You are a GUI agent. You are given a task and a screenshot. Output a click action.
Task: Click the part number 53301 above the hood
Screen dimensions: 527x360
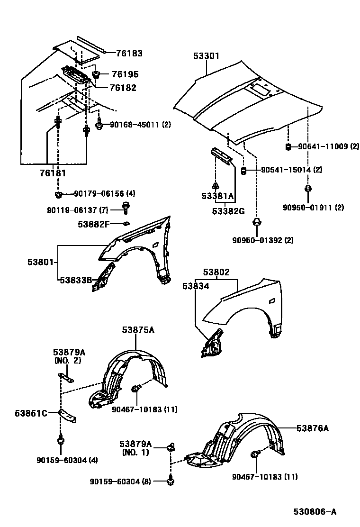[206, 56]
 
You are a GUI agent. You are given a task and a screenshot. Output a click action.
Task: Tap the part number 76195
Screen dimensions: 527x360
[125, 74]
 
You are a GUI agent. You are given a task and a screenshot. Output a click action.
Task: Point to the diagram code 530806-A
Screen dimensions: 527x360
[315, 511]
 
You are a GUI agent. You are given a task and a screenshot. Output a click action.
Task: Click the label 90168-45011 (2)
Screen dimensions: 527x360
[140, 125]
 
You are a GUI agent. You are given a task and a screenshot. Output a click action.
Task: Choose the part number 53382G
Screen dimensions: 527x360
[228, 211]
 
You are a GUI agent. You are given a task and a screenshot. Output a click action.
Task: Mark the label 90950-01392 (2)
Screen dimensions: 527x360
[262, 240]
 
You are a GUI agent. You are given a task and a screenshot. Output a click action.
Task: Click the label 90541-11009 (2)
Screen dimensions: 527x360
[328, 146]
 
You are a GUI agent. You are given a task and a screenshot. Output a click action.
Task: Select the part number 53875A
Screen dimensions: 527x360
[138, 330]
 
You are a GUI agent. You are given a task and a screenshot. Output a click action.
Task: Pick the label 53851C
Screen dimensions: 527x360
[31, 413]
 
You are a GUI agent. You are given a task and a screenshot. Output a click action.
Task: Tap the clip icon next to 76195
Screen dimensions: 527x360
[97, 74]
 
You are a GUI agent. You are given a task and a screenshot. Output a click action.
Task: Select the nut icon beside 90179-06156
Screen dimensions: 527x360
[58, 194]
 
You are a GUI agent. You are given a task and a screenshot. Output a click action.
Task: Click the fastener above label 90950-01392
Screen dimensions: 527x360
[257, 222]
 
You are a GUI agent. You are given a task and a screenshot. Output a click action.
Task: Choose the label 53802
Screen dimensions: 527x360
[216, 273]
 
